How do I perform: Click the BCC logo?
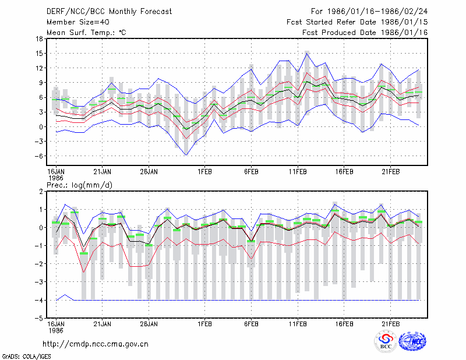tap(386, 341)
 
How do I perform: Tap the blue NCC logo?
tap(412, 341)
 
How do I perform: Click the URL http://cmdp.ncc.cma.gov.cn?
tap(96, 344)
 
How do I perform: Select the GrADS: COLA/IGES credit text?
tap(26, 357)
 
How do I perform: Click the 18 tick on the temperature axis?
tap(39, 38)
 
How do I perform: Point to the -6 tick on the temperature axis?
tap(38, 156)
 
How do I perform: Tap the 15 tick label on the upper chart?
tap(39, 54)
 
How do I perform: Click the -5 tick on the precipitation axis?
tap(38, 319)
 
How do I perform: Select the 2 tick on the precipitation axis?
tap(41, 192)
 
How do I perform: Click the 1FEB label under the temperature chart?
tap(205, 172)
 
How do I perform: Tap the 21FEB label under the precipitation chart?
tap(390, 324)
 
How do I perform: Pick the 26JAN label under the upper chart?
tap(149, 172)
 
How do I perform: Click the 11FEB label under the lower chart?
tap(298, 324)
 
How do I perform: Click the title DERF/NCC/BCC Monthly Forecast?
tap(109, 12)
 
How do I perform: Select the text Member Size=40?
tap(78, 22)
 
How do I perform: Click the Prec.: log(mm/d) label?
tap(79, 185)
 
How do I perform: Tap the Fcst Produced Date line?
tap(365, 33)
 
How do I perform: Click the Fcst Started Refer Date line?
tap(357, 22)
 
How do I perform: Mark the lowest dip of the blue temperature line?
tap(186, 155)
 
